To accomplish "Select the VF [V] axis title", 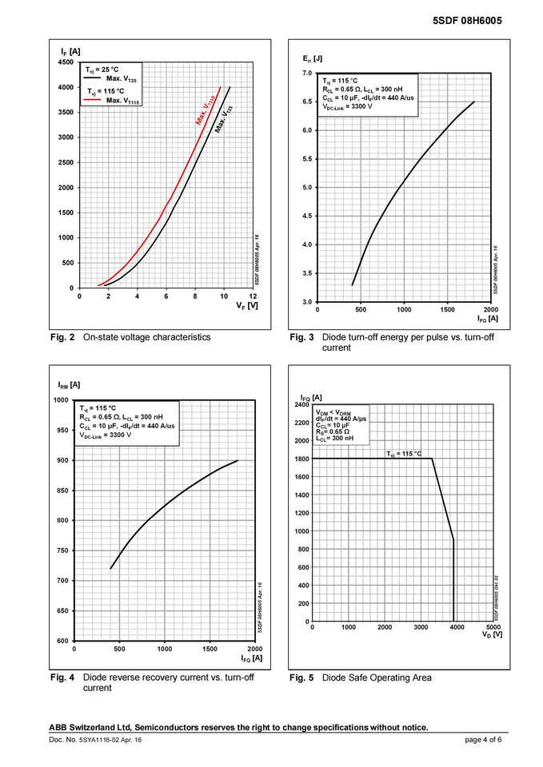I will (247, 305).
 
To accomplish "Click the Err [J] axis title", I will (312, 59).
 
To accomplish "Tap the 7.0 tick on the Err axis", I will (306, 74).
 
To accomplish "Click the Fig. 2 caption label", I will (62, 337).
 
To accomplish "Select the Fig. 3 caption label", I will (301, 337).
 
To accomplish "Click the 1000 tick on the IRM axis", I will (60, 399).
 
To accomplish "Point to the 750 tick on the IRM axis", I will (62, 550).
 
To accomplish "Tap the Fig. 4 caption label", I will (62, 678).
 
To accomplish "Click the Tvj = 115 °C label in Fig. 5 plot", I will (404, 454).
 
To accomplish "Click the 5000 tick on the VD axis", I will (493, 627).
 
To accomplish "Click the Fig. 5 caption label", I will (301, 678).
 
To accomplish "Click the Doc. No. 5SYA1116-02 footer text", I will (95, 741).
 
